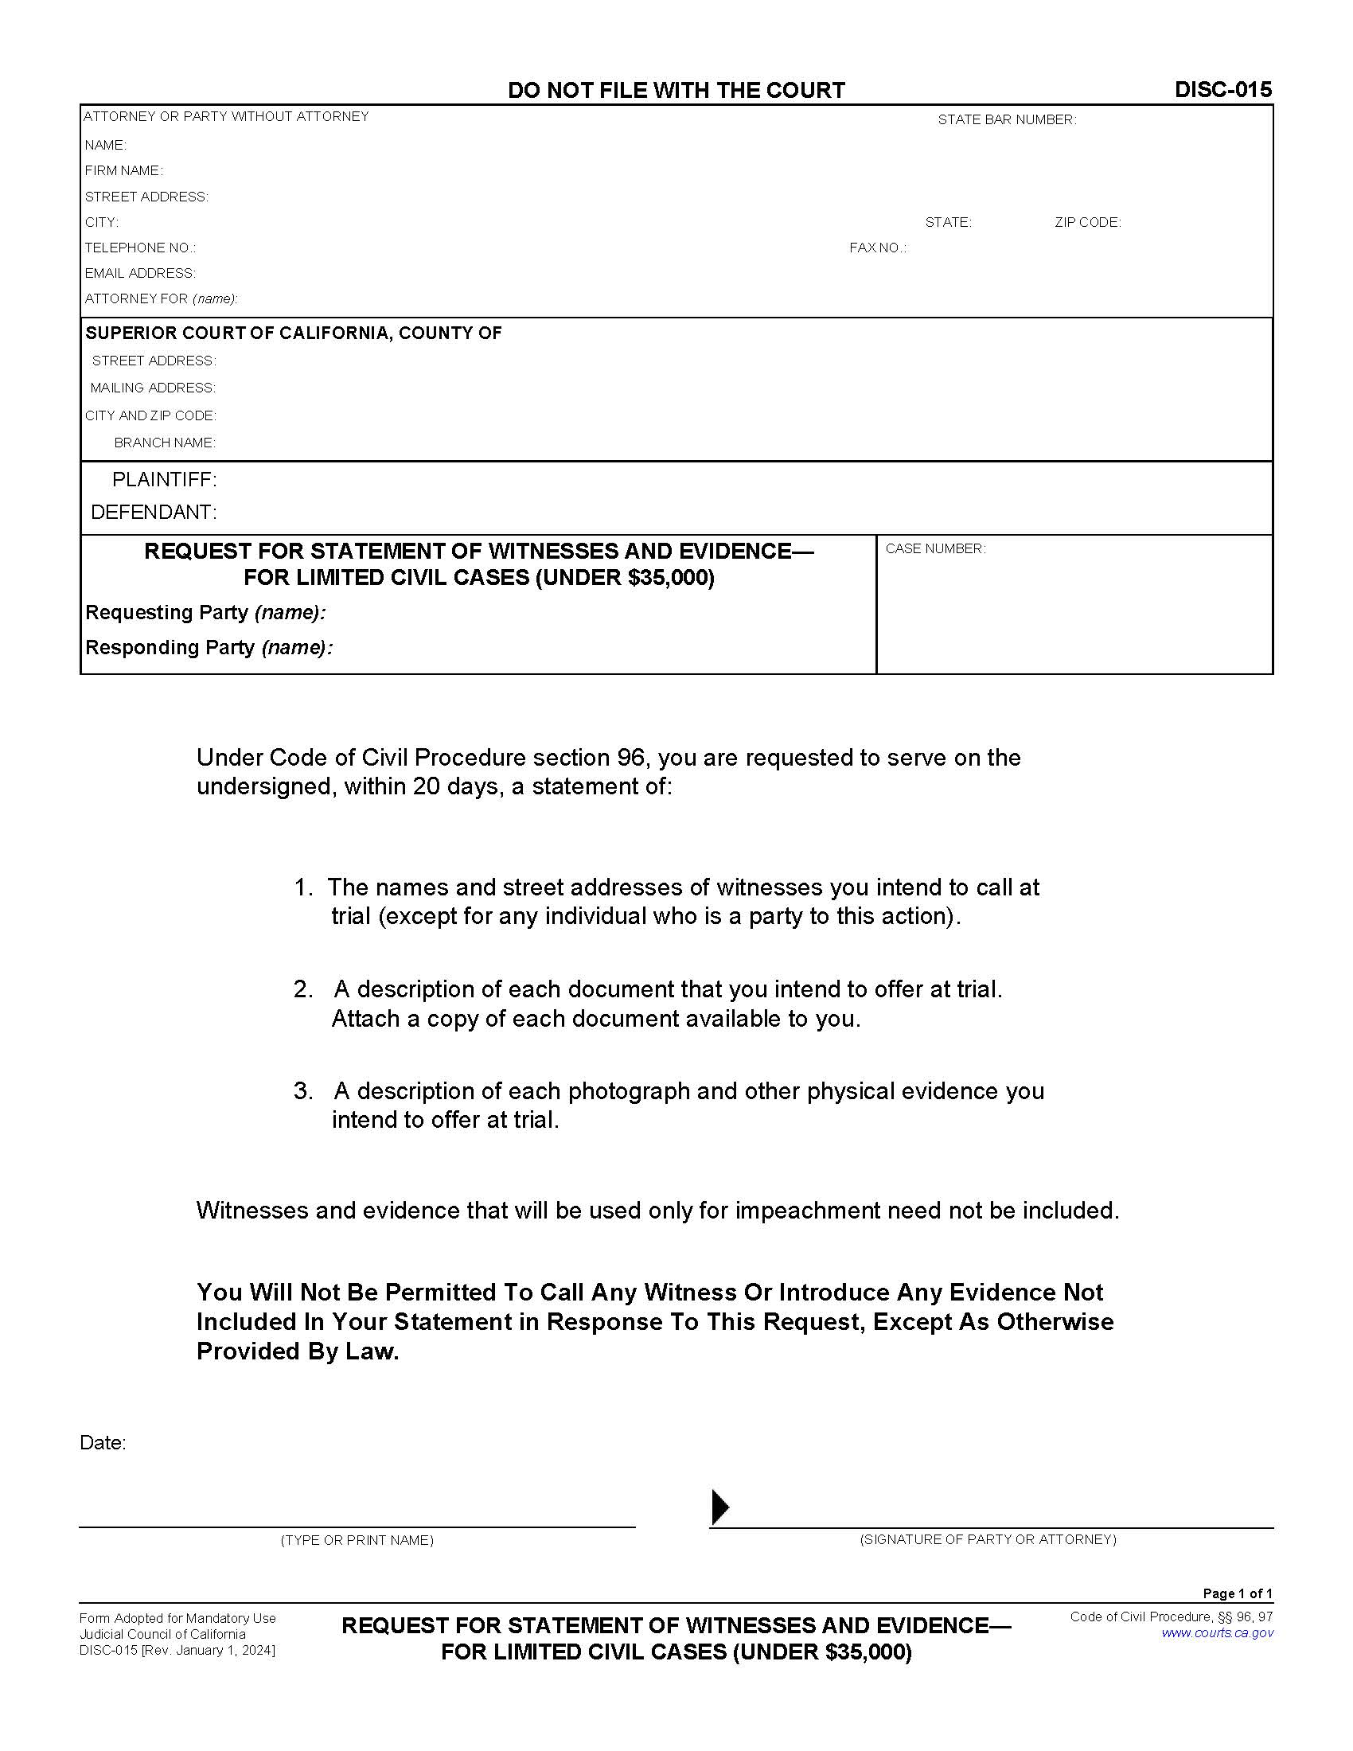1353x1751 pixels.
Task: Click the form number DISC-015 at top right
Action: pos(1222,90)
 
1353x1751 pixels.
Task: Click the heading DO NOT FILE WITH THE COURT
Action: pos(676,91)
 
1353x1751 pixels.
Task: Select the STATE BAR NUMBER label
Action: pos(1007,120)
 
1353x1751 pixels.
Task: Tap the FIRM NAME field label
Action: pos(123,171)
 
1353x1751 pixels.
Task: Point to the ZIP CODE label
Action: pos(1087,223)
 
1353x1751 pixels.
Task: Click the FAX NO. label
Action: pos(878,248)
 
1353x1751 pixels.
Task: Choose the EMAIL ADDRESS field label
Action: pos(140,273)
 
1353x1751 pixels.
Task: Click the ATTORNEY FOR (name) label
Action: pos(161,299)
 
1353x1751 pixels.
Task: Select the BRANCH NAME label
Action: pos(164,443)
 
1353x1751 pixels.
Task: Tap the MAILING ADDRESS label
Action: pos(152,388)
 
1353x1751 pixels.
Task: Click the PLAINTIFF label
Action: pos(164,479)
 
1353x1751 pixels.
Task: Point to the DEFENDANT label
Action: pos(154,512)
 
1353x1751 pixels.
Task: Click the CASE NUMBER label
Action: pos(935,549)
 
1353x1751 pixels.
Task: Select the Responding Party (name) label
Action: pos(209,648)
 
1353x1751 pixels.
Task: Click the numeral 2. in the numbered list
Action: pos(303,989)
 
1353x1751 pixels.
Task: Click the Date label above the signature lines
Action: pos(103,1443)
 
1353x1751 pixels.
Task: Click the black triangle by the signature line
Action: pos(719,1507)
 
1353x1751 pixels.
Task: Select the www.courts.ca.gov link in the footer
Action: pos(1217,1633)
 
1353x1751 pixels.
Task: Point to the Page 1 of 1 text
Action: pos(1237,1593)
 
